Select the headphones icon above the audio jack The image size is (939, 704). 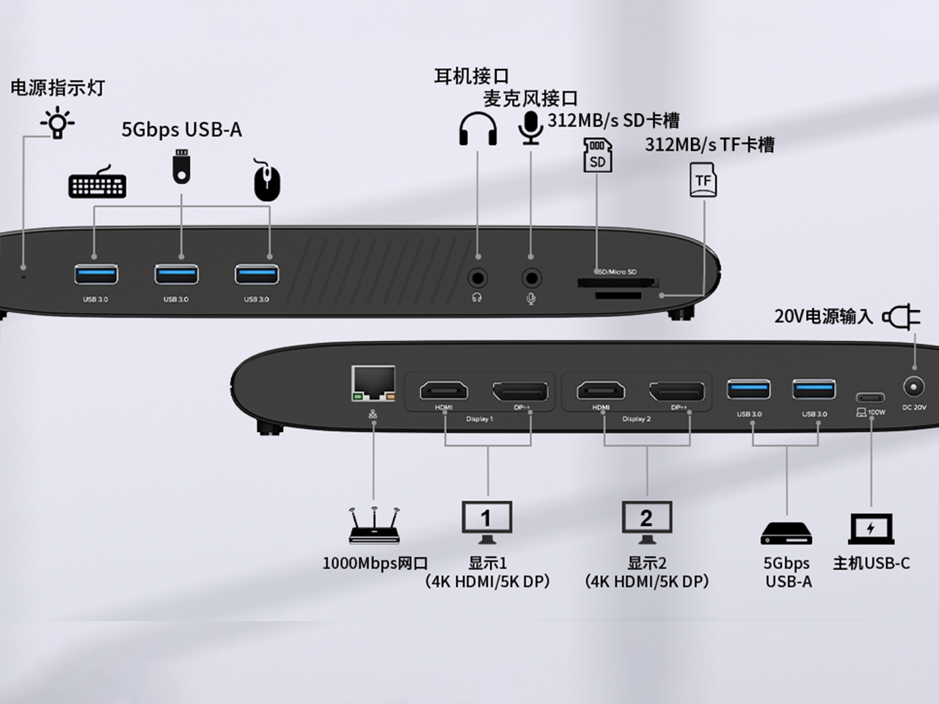[478, 129]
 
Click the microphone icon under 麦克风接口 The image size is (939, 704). [530, 128]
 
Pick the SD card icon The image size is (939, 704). [597, 155]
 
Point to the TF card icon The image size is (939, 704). [704, 180]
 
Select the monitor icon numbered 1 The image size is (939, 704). [486, 521]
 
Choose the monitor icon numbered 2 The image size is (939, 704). [646, 521]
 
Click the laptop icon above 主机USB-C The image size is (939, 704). [871, 529]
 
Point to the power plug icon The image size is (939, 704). [902, 317]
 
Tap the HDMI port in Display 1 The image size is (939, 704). [443, 391]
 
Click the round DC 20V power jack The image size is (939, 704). [914, 386]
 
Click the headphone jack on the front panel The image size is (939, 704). [478, 279]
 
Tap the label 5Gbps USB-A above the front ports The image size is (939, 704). [181, 130]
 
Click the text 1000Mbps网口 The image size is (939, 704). [375, 563]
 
